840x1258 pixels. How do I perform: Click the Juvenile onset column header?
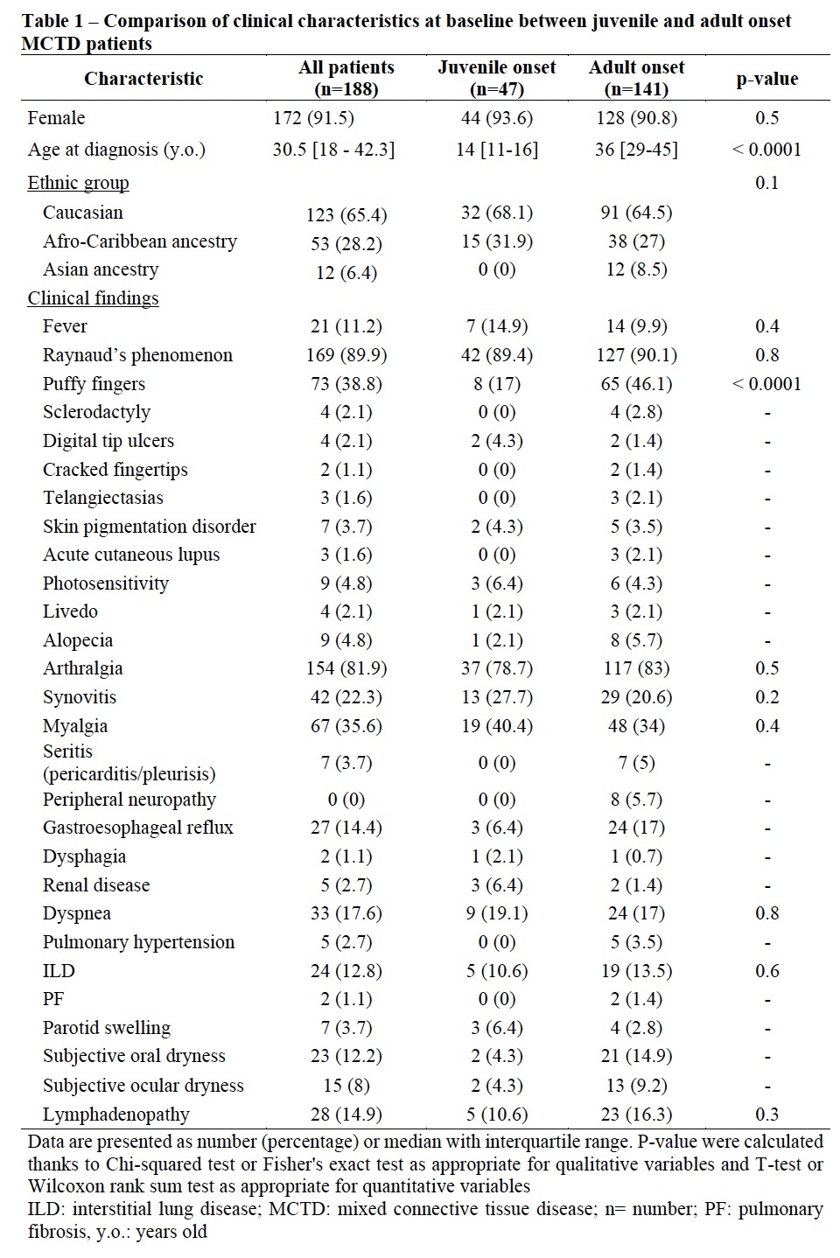coord(496,78)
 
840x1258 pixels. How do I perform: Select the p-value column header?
coord(766,79)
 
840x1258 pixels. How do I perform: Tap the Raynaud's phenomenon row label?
coord(137,355)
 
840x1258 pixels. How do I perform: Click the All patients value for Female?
coord(313,118)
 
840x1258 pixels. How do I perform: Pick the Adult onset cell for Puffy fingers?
coord(636,384)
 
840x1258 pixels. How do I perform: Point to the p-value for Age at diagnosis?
coord(766,150)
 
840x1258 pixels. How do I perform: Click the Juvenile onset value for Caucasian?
coord(496,213)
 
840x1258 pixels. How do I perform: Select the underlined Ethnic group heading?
coord(78,183)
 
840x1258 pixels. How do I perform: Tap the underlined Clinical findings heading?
coord(93,298)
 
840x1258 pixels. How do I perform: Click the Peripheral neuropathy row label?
coord(129,800)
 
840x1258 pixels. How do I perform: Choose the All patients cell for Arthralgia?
coord(346,668)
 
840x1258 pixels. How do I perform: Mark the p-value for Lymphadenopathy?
coord(766,1115)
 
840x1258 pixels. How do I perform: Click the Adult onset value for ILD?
coord(636,971)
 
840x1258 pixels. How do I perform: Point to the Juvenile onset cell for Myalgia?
coord(496,726)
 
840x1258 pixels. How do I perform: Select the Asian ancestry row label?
coord(101,269)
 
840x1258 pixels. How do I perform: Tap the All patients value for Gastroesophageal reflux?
coord(346,828)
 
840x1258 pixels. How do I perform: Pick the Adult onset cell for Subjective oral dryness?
coord(636,1056)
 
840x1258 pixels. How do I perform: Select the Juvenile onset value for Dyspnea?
coord(496,913)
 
